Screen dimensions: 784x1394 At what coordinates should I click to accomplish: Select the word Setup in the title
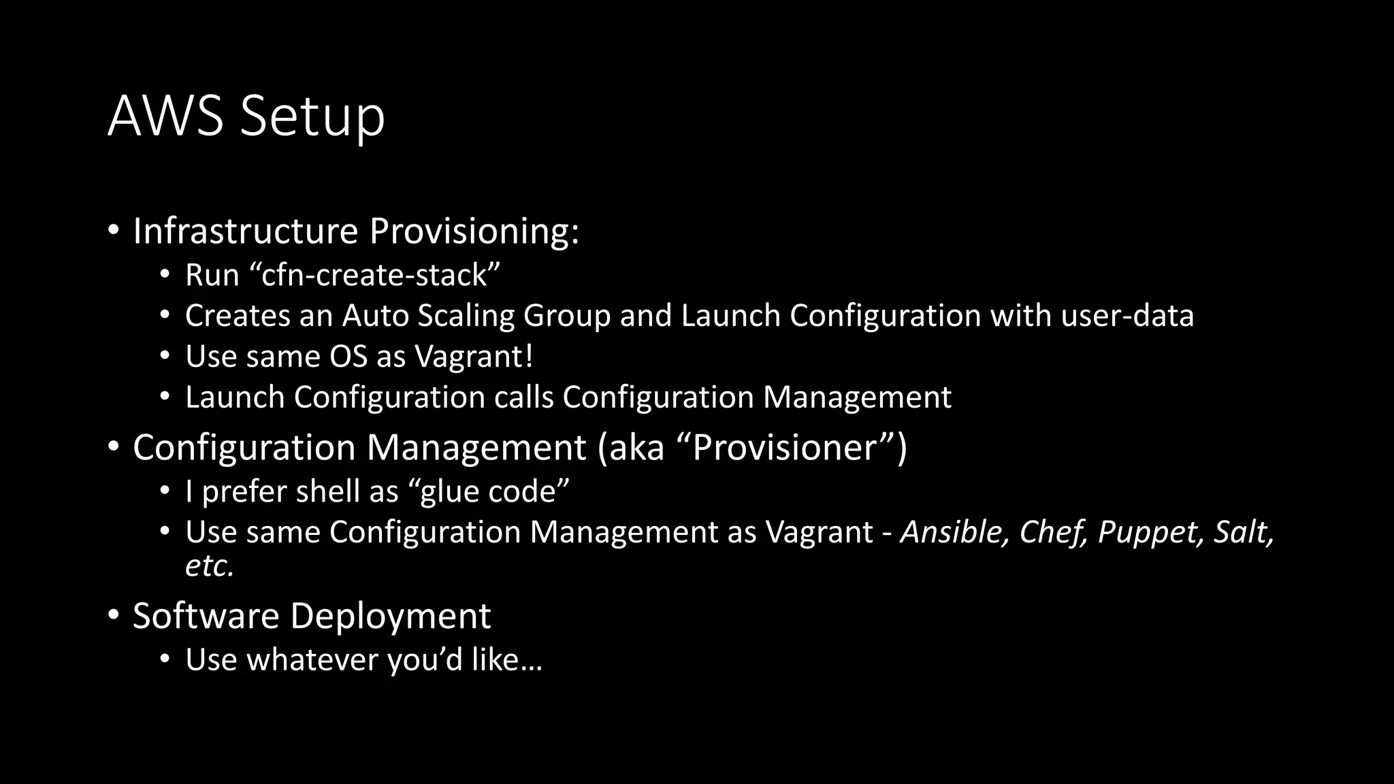click(312, 117)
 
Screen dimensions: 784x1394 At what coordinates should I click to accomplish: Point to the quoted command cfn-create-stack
click(375, 275)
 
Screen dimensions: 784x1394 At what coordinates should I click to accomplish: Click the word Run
click(212, 275)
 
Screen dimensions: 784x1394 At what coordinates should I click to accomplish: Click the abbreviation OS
click(348, 357)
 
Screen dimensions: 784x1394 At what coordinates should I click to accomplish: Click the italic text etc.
click(210, 566)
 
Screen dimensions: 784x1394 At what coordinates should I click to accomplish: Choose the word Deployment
click(390, 617)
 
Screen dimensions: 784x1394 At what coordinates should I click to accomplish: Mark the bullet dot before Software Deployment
click(114, 615)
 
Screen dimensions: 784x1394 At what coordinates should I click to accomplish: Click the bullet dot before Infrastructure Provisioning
click(114, 230)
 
